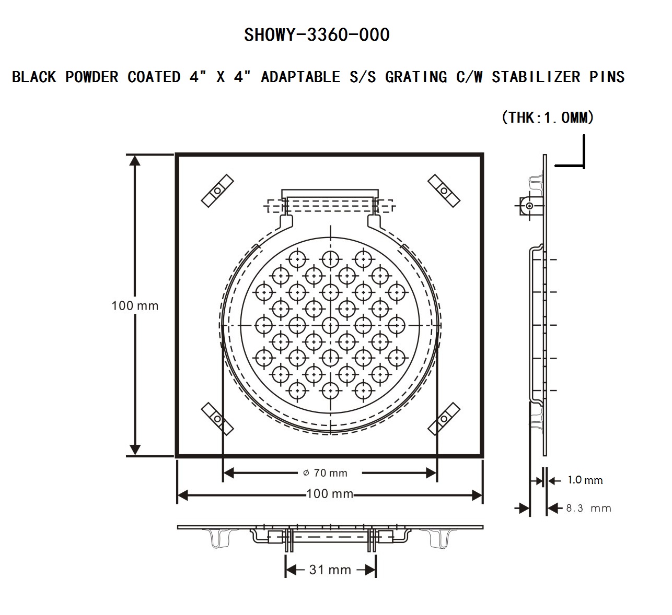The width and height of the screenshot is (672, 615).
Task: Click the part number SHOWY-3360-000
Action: [x=317, y=35]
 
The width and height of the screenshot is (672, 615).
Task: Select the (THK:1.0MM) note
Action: [x=548, y=117]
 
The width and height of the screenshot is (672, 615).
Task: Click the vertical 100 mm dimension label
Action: [x=135, y=305]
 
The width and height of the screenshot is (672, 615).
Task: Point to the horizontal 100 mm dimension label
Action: [x=330, y=494]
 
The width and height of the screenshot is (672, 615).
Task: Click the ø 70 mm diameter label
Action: [x=325, y=473]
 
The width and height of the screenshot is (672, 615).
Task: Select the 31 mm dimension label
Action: [x=330, y=570]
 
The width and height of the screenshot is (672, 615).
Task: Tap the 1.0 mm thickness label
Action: [x=585, y=480]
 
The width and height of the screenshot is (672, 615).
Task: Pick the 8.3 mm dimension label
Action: [x=588, y=508]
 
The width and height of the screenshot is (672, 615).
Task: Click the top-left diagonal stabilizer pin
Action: [x=217, y=191]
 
